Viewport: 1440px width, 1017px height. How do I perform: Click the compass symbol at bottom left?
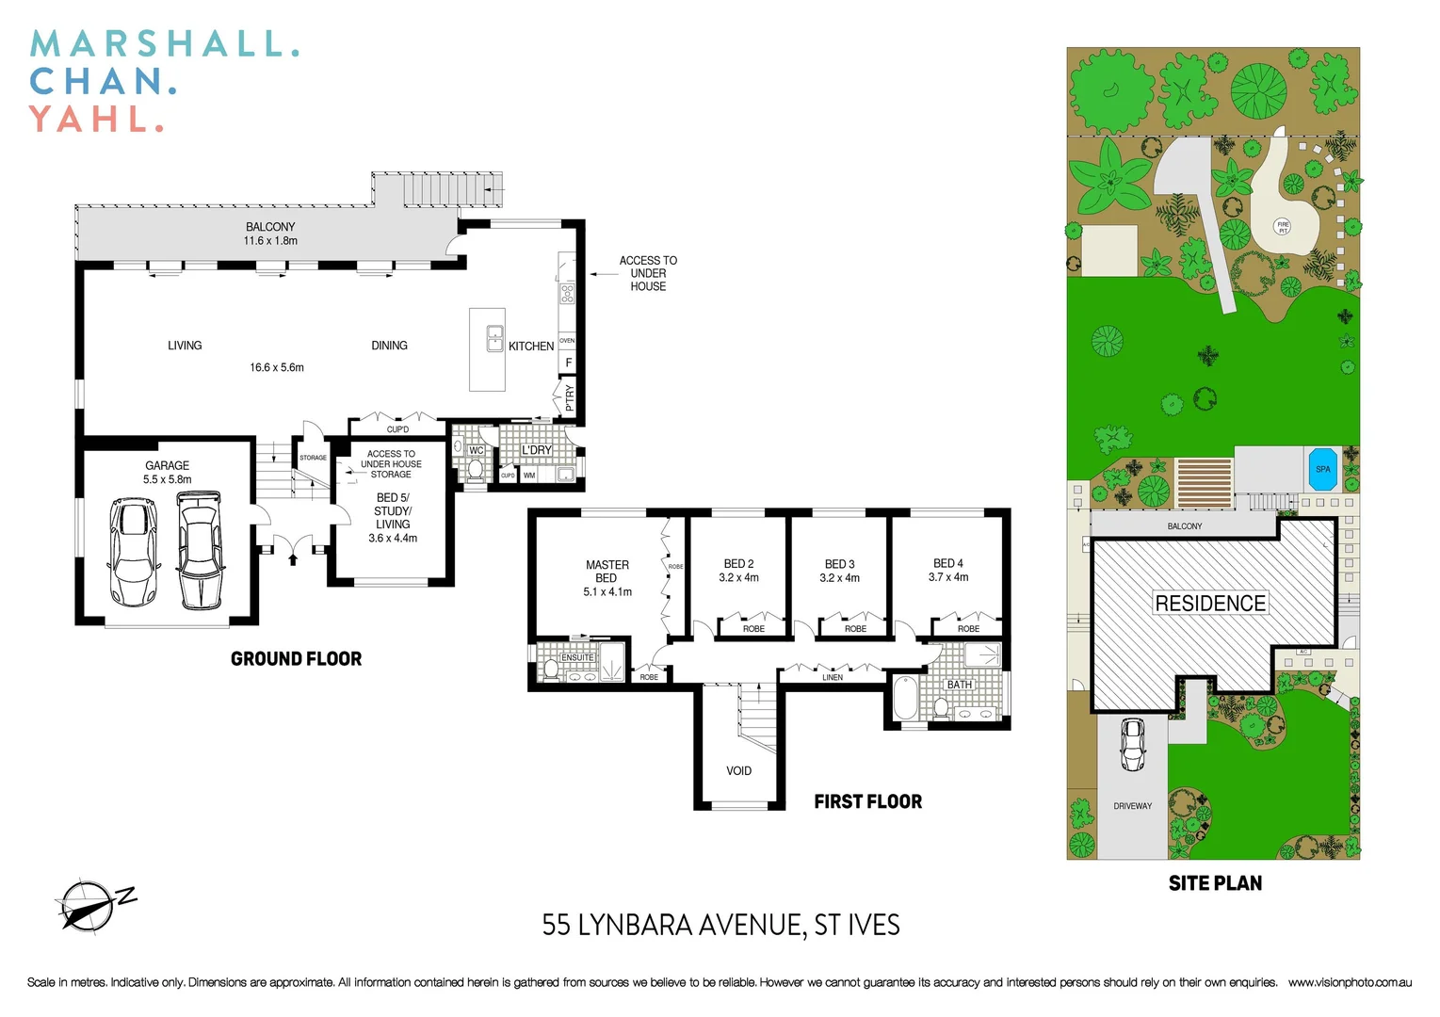[x=90, y=905]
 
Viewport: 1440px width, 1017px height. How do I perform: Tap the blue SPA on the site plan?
[x=1322, y=469]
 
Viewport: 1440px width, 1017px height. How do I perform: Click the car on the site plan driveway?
[x=1132, y=744]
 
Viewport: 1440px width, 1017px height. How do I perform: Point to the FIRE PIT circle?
[x=1282, y=227]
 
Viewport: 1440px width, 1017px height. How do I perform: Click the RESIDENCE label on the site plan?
[x=1210, y=603]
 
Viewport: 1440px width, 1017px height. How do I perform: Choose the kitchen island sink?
[x=494, y=338]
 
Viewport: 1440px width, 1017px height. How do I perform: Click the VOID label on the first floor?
[x=738, y=770]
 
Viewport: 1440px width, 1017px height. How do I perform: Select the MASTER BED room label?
[x=607, y=572]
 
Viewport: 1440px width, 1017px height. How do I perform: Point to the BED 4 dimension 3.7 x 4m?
[x=947, y=577]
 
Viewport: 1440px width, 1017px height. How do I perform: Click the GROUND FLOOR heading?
[x=296, y=659]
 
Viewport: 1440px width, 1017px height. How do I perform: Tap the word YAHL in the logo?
[x=90, y=120]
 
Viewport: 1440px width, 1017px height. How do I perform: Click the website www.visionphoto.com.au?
[x=1350, y=982]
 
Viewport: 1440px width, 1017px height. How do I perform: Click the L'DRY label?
[x=537, y=450]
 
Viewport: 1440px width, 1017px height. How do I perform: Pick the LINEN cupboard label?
[x=833, y=677]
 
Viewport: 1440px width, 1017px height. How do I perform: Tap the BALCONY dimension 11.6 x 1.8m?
[x=270, y=241]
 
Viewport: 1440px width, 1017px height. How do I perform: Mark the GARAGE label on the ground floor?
[x=167, y=465]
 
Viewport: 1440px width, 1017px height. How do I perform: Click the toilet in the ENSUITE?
[x=551, y=670]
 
